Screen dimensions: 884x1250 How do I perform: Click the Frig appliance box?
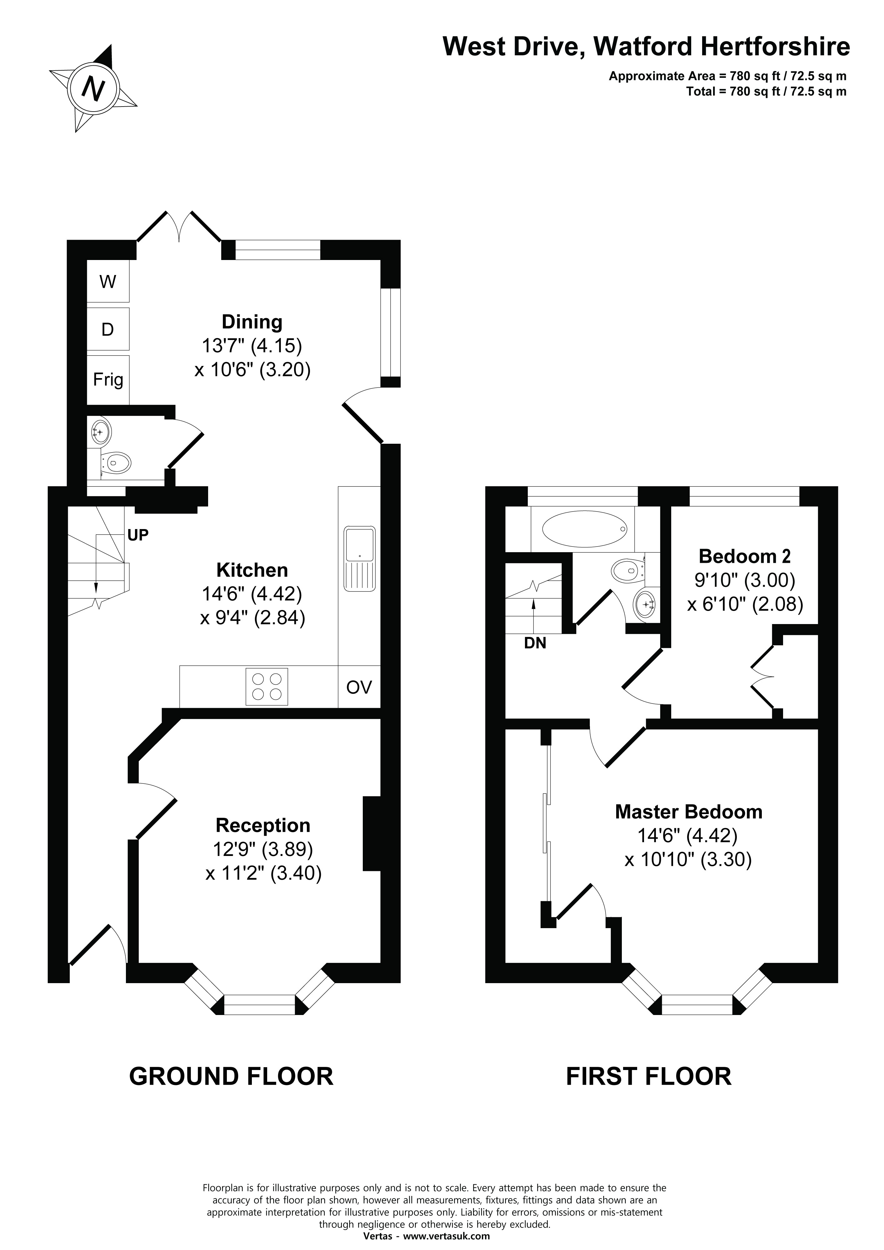click(x=108, y=379)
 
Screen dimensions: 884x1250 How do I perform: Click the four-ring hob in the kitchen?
click(x=267, y=686)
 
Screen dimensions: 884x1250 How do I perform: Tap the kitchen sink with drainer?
click(x=359, y=558)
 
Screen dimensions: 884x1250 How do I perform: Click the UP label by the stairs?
click(x=138, y=535)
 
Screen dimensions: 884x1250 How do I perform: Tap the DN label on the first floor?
click(x=535, y=643)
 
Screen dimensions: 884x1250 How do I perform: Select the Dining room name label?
click(x=252, y=322)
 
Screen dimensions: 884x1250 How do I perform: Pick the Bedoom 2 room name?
click(x=745, y=556)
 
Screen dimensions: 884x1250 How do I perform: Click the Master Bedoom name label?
click(x=689, y=812)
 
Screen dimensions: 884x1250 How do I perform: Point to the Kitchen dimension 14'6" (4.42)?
click(x=252, y=593)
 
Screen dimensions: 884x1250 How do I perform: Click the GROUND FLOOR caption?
click(x=231, y=1076)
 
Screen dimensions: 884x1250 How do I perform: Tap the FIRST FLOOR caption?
click(x=649, y=1076)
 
